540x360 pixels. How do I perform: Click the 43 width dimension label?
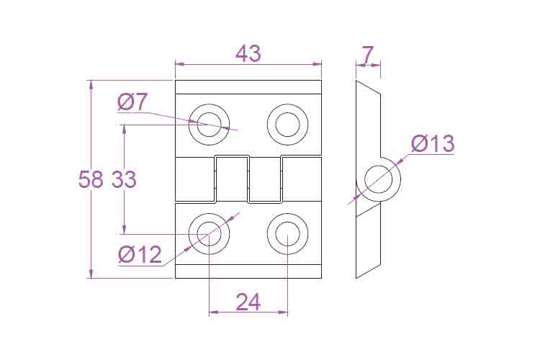coord(248,54)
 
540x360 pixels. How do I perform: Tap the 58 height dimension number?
coord(91,179)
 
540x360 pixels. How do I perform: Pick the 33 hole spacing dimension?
coord(124,179)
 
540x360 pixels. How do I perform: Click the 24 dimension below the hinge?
coord(248,302)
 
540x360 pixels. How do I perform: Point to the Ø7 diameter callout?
coord(132,102)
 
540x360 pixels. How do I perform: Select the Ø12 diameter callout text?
coord(140,255)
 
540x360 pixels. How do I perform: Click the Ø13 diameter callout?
coord(433,143)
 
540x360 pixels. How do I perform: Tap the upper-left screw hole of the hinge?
coord(209,125)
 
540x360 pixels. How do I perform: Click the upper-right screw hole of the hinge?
coord(287,125)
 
